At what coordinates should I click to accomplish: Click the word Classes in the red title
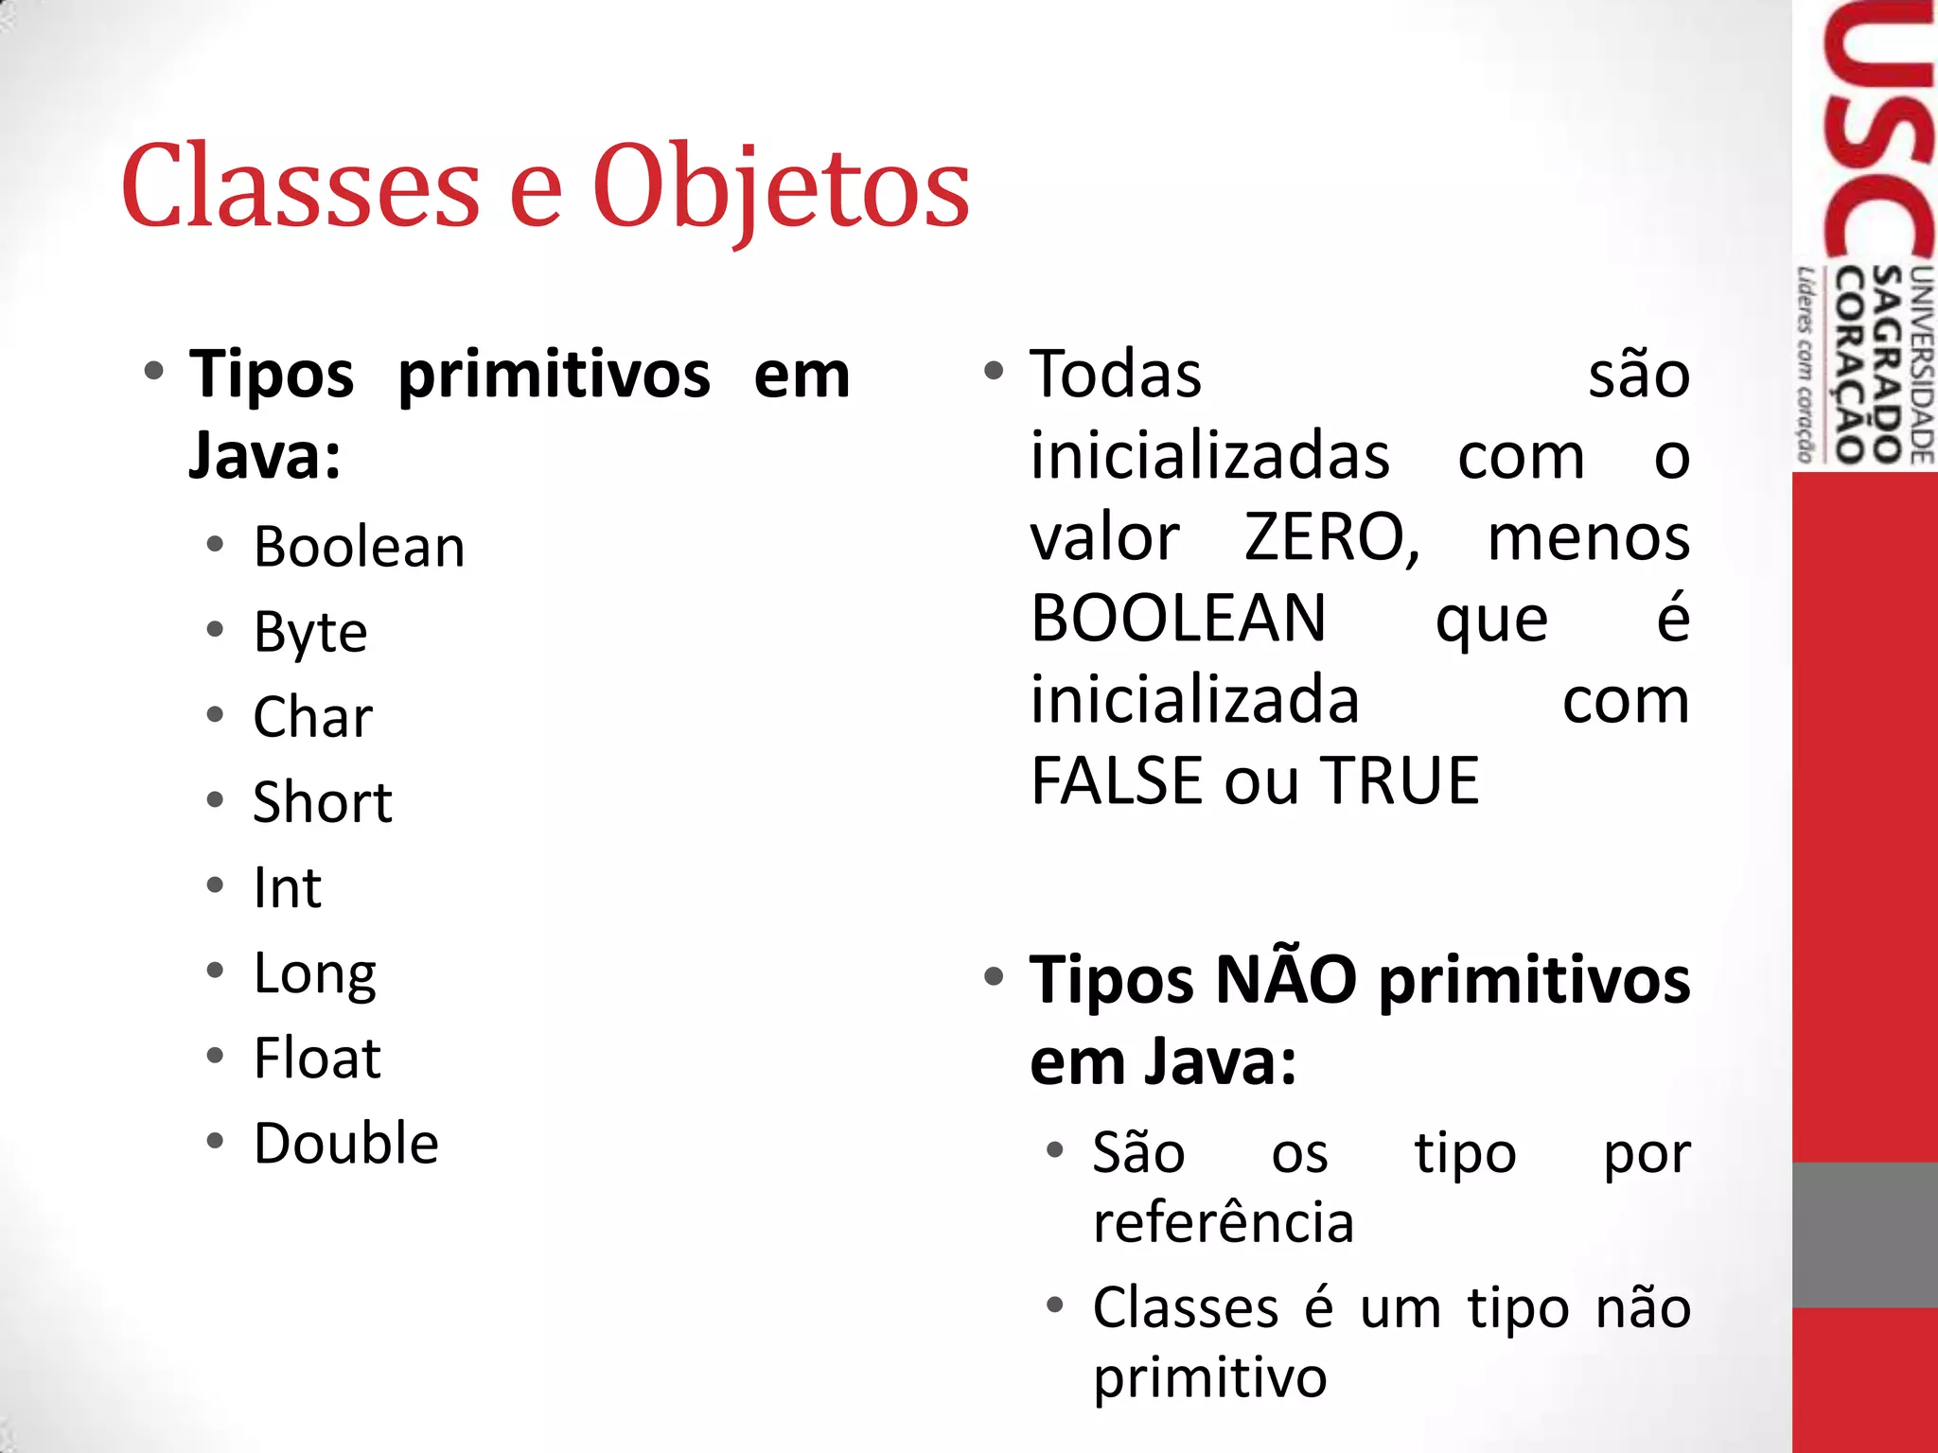coord(301,187)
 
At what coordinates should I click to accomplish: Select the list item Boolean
coord(360,548)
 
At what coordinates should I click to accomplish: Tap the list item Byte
coord(310,633)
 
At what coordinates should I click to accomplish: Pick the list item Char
coord(313,718)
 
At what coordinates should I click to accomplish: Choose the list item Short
coord(323,803)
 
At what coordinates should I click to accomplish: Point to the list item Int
coord(288,888)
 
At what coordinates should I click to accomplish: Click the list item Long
coord(315,973)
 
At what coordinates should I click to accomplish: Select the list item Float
coord(318,1059)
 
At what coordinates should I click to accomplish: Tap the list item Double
coord(346,1144)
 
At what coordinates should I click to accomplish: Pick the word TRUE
coord(1401,782)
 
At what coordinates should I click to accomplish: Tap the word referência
coord(1224,1222)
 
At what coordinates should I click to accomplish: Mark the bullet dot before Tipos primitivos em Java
coord(154,371)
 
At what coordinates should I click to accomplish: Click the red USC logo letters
coord(1877,132)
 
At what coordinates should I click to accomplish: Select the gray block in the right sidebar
coord(1865,1234)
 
